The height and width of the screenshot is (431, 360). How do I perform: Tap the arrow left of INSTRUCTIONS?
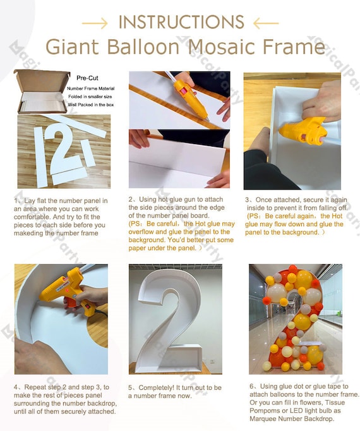click(95, 23)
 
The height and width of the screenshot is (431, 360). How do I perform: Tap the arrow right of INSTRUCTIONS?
click(265, 23)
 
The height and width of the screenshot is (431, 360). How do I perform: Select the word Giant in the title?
click(69, 47)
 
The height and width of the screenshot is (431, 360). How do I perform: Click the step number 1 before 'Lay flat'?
click(17, 202)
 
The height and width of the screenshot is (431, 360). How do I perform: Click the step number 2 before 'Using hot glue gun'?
click(131, 200)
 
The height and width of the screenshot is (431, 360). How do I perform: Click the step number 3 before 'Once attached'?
click(248, 200)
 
